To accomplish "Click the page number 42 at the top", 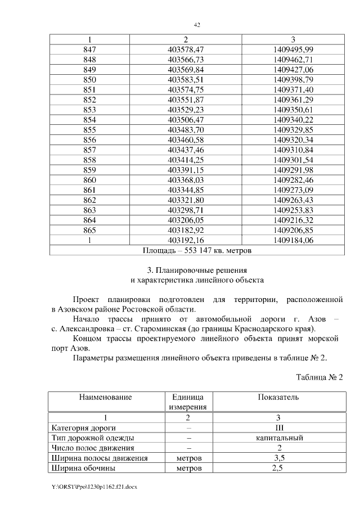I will [197, 25].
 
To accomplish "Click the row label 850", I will [89, 80].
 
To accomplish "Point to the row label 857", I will [89, 150].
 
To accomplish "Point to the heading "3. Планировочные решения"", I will [196, 269].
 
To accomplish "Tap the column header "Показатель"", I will [278, 397].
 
